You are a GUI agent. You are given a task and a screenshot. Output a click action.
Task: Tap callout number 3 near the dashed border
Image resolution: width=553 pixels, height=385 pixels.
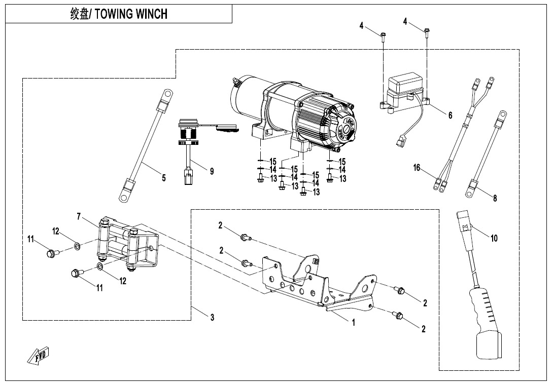pos(212,318)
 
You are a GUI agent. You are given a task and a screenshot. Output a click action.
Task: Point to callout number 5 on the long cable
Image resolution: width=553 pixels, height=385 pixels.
pos(163,178)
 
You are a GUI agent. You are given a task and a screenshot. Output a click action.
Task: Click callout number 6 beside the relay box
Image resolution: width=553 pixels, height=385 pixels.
pos(450,115)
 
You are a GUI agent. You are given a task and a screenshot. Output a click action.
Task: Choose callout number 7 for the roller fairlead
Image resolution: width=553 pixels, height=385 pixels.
pos(79,216)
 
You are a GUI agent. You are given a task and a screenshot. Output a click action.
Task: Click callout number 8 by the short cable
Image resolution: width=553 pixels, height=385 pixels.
pos(495,198)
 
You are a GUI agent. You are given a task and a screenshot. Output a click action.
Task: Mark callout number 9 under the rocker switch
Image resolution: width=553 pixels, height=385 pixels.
pos(212,172)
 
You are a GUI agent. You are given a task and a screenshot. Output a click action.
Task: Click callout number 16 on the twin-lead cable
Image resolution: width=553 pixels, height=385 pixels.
pos(417,168)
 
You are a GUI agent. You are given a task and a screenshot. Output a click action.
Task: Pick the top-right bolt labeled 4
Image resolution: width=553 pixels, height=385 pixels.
pos(427,33)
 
